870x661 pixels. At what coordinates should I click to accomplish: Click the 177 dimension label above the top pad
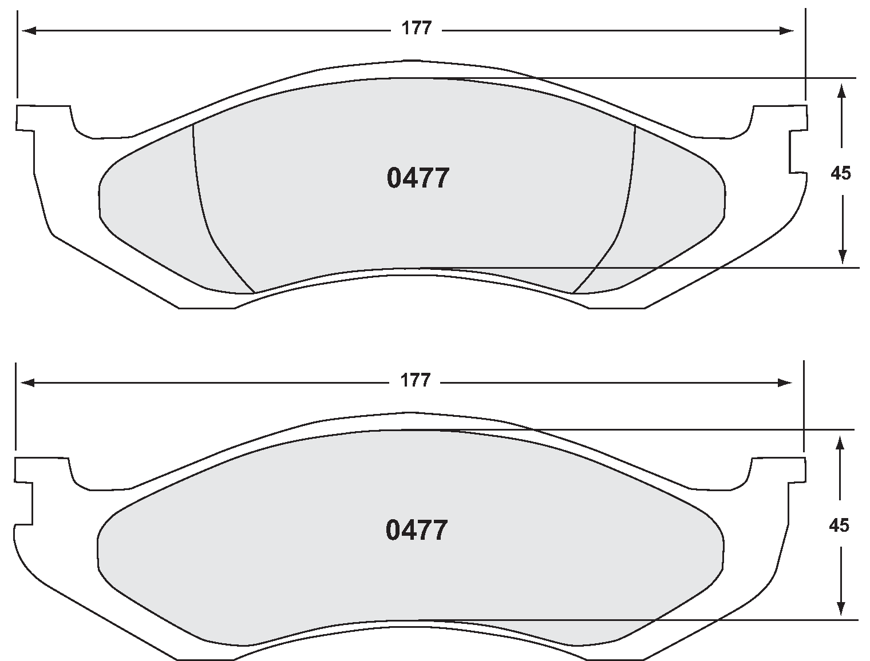click(x=416, y=29)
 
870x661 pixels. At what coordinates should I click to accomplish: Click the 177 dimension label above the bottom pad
click(x=415, y=381)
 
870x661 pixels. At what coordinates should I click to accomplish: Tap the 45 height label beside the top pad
click(x=841, y=173)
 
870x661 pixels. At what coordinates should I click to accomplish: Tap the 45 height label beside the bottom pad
click(x=839, y=525)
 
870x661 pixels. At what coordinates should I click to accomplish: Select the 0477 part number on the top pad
click(x=418, y=178)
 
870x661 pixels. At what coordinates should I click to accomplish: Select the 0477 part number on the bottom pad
click(x=416, y=531)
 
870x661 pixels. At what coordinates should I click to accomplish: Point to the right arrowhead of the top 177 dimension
click(x=787, y=31)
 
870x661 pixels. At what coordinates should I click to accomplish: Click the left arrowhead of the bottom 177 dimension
click(x=26, y=383)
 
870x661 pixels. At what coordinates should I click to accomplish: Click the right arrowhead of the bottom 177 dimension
click(x=785, y=383)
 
